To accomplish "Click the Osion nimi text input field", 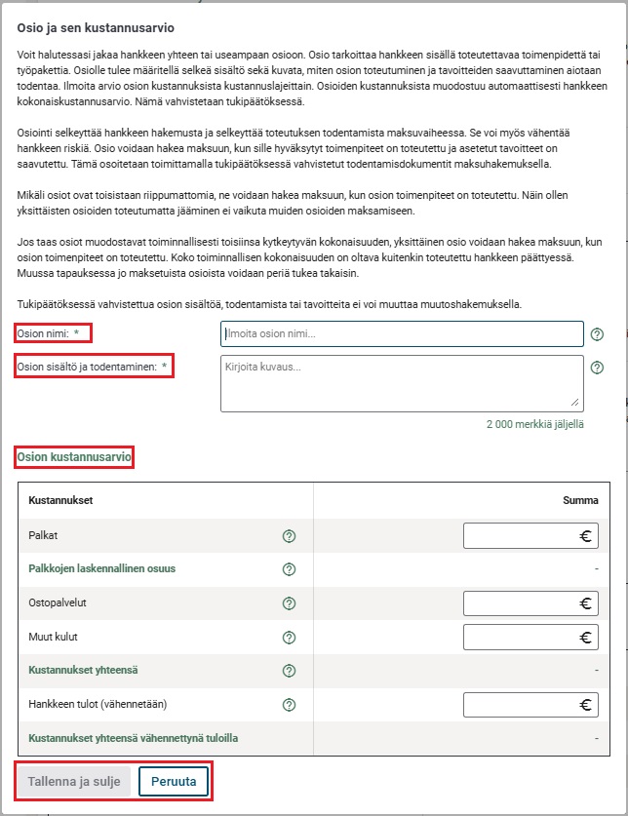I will [x=402, y=334].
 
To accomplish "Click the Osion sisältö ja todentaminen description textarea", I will [x=402, y=382].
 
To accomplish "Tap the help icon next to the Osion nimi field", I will [x=597, y=334].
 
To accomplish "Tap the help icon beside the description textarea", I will [x=597, y=368].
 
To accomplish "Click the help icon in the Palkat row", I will [x=289, y=535].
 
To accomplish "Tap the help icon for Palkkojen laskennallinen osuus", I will [x=289, y=569].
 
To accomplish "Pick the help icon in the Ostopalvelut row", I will [x=289, y=603].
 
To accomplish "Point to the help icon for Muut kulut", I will [x=289, y=638].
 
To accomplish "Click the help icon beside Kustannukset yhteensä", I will [x=289, y=671].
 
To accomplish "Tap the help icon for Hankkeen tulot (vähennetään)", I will [x=289, y=705].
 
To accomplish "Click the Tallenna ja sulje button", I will [x=74, y=782].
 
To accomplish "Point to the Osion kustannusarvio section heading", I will [x=74, y=456].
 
